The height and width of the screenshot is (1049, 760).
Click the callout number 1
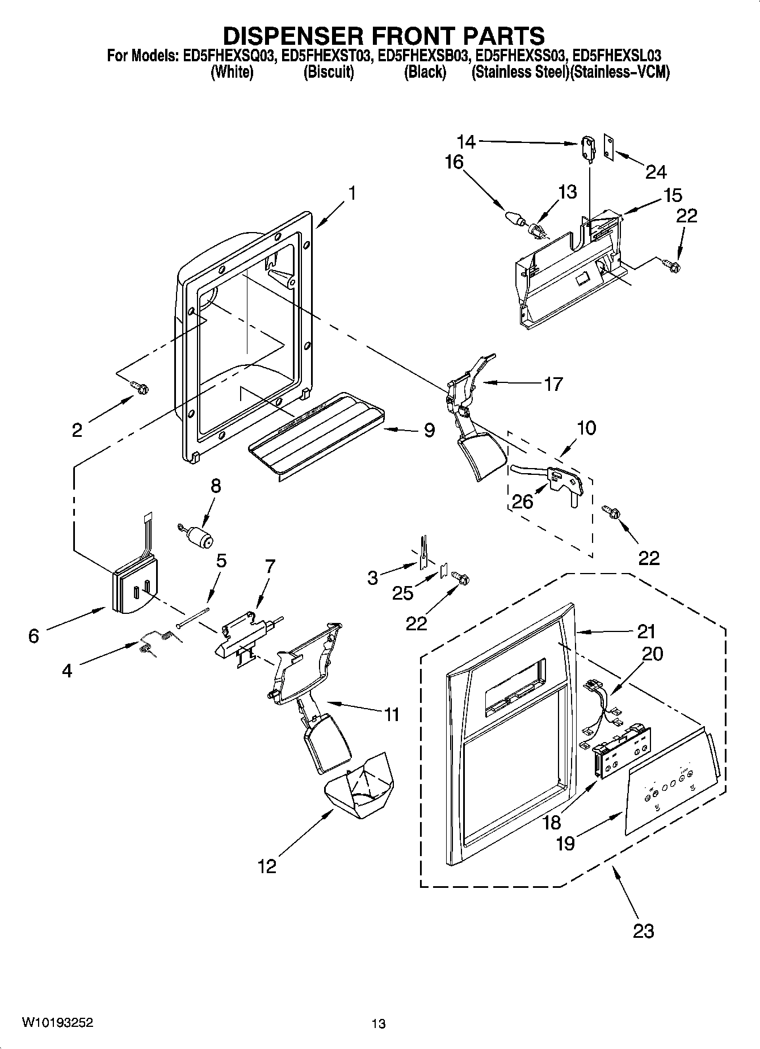point(352,193)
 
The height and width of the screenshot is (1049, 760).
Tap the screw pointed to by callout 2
point(140,387)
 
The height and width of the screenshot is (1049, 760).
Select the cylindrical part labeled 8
point(199,536)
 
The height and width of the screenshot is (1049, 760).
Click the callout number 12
point(267,866)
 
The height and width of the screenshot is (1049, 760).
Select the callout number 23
point(643,930)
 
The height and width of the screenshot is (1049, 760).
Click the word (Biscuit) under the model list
point(329,73)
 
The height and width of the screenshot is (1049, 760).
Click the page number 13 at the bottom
point(379,1023)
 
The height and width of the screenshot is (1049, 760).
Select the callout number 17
point(553,384)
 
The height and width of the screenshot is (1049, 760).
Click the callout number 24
point(656,171)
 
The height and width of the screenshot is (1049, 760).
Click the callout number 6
point(33,636)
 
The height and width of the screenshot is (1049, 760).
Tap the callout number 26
point(522,501)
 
